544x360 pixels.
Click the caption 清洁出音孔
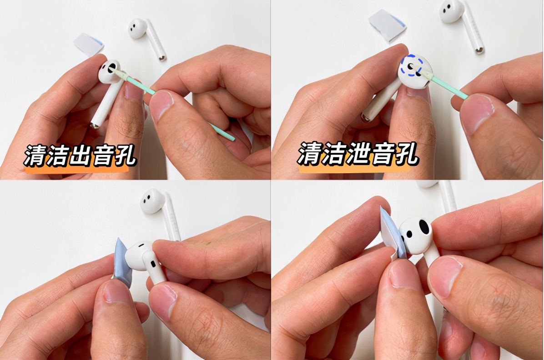[x=80, y=156]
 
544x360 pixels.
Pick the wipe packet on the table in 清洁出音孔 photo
[x=88, y=44]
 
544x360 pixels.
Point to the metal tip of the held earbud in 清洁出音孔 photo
[x=94, y=125]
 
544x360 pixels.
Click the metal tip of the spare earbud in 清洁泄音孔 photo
[x=479, y=50]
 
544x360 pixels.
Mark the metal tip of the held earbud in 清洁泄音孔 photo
[x=365, y=118]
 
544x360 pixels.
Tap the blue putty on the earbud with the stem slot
[x=123, y=261]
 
